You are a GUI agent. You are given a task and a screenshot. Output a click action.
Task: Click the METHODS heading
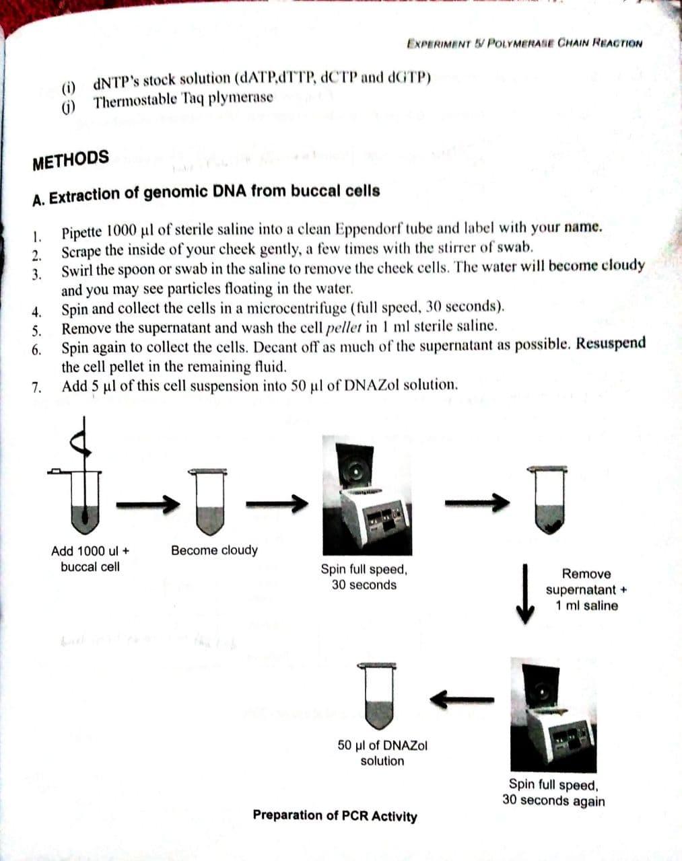71,159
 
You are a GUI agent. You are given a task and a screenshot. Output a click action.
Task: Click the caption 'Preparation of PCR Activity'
335,816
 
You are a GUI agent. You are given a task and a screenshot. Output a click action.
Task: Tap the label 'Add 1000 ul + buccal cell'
90,559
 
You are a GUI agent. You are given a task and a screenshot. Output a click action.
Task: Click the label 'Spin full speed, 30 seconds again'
553,792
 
